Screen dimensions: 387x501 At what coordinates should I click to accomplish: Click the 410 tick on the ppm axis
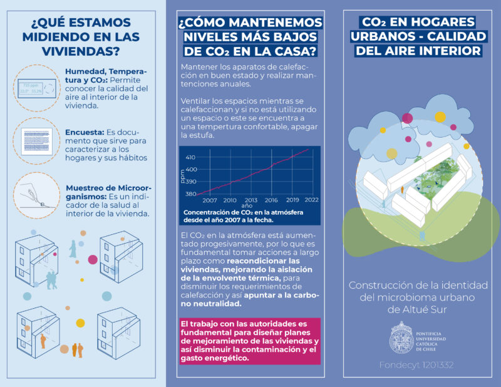[x=190, y=157]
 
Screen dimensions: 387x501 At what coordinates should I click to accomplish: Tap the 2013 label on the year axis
[x=250, y=200]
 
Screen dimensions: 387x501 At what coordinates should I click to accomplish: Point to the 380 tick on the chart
[x=190, y=194]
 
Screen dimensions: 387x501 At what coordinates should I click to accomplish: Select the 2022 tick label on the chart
[x=309, y=200]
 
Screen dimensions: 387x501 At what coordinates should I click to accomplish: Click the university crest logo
[x=400, y=336]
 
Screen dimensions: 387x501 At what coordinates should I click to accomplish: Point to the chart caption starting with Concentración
[x=243, y=215]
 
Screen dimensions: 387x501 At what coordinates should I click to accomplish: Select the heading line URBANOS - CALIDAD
[x=415, y=36]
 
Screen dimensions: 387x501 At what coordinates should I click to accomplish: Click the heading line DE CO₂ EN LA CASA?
[x=250, y=51]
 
